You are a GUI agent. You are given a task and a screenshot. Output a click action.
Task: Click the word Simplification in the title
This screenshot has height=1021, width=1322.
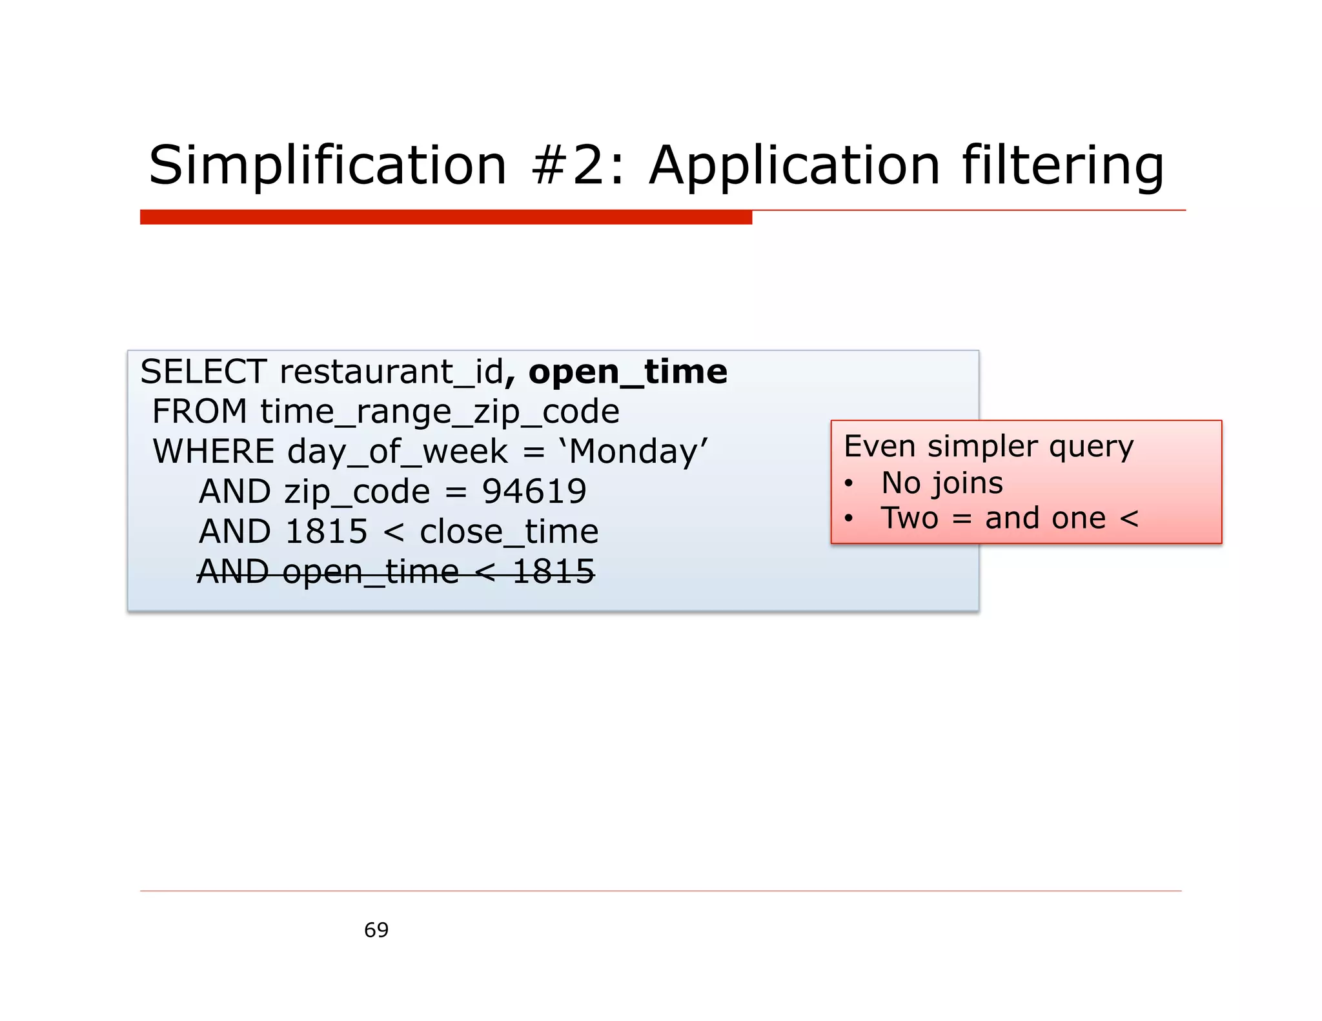(x=327, y=165)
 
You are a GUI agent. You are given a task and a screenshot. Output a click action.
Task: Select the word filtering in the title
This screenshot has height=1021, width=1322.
(x=1063, y=165)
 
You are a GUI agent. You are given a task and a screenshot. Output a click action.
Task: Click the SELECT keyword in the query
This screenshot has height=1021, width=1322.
(x=203, y=372)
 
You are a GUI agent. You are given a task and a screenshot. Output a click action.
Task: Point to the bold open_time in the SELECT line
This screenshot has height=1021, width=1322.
(x=627, y=372)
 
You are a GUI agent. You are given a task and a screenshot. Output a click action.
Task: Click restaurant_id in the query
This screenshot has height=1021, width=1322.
(x=391, y=372)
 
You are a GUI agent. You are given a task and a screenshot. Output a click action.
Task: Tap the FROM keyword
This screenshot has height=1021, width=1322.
(x=199, y=412)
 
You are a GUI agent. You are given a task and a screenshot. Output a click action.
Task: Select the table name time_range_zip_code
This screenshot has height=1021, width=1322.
(x=440, y=412)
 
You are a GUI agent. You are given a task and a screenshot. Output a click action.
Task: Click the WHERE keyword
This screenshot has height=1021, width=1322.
(x=214, y=451)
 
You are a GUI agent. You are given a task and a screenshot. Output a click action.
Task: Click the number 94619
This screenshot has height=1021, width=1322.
(x=534, y=491)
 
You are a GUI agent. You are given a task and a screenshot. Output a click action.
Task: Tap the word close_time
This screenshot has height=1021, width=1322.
(x=509, y=532)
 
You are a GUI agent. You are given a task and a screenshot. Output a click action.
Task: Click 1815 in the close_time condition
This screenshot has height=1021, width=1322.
(x=326, y=532)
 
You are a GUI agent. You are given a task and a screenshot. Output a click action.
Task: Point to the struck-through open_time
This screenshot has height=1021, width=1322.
(x=371, y=572)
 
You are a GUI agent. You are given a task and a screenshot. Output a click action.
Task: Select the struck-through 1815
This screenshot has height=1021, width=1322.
(x=553, y=572)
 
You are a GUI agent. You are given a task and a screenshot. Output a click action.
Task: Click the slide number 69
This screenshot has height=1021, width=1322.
(x=376, y=930)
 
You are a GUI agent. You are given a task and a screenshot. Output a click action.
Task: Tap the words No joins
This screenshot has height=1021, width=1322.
(x=942, y=483)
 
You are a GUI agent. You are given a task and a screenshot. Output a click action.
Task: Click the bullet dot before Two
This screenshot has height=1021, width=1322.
(x=849, y=519)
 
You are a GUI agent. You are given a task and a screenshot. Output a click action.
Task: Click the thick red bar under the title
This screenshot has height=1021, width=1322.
(x=445, y=217)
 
